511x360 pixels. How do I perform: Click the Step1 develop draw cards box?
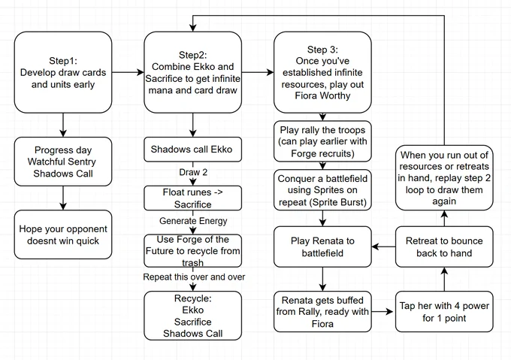pos(63,72)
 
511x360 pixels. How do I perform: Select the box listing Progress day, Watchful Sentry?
pos(63,162)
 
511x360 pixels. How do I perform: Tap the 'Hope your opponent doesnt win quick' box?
pos(63,234)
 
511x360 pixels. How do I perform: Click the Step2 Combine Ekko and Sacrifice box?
pos(192,72)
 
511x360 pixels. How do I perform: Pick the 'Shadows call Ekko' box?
pos(192,150)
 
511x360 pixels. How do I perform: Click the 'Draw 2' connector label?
pos(193,172)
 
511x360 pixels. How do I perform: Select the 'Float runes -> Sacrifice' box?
pos(192,198)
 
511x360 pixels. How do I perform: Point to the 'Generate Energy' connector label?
pos(193,221)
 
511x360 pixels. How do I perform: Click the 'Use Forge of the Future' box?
pos(192,251)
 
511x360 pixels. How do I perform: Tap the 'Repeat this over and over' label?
pos(194,277)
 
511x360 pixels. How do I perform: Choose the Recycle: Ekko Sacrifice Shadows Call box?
pos(192,316)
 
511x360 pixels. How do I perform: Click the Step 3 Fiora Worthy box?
pos(322,72)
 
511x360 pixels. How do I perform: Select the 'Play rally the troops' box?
pos(322,141)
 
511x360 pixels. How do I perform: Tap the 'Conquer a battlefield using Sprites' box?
pos(322,190)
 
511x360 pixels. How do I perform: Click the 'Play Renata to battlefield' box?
pos(322,247)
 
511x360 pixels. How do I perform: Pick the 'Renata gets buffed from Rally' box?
pos(322,312)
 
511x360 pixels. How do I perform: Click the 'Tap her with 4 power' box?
pos(444,312)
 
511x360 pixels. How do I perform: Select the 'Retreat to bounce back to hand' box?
pos(444,247)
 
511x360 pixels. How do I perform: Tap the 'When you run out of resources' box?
pos(444,178)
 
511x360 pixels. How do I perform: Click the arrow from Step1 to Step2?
pos(128,72)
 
